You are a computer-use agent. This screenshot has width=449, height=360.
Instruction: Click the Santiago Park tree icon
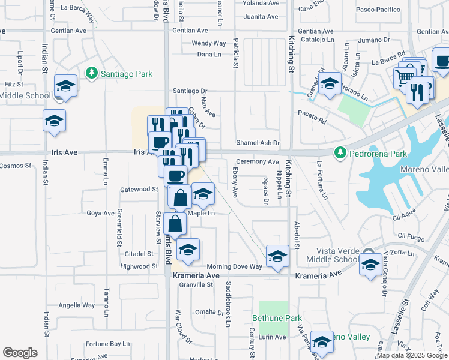coord(91,73)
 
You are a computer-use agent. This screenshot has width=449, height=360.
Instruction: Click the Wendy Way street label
coord(208,43)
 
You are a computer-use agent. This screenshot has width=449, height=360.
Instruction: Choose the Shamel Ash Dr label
coord(258,143)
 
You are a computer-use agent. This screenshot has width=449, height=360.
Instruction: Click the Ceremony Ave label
coord(257,162)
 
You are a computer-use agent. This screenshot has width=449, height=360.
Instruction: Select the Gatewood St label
coord(138,189)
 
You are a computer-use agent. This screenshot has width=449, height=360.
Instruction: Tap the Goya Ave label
coord(100,213)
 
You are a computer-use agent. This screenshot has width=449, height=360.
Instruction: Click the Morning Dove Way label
coord(234,266)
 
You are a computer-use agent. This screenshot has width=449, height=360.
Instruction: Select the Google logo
coord(20,353)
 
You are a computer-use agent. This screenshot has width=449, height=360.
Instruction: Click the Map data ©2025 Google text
coord(411,355)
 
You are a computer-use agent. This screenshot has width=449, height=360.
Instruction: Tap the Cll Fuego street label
coord(411,236)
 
